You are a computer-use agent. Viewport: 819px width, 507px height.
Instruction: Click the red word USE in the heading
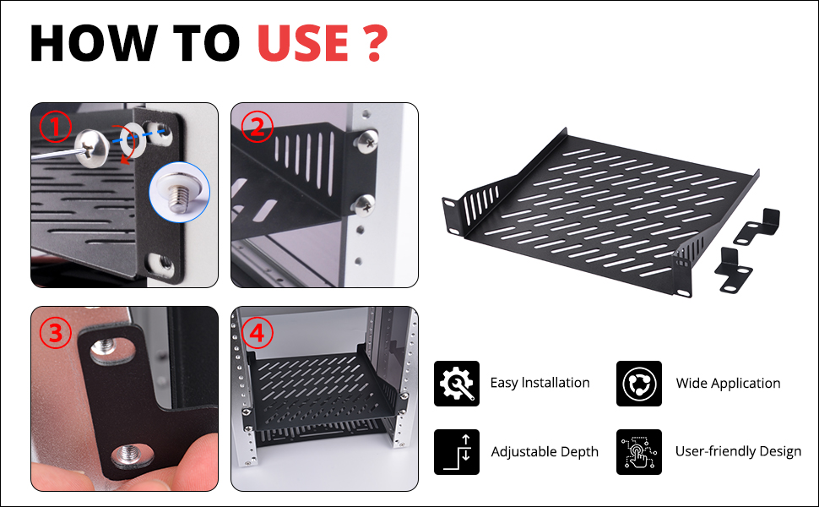303,43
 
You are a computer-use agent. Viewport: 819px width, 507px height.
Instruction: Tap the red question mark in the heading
374,43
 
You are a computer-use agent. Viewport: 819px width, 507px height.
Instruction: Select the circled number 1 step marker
56,127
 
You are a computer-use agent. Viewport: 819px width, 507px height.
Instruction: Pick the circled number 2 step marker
257,127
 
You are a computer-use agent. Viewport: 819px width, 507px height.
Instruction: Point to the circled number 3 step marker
56,333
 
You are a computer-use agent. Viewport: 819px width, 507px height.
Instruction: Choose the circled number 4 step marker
257,332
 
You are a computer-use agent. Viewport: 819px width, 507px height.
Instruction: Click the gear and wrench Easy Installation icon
457,383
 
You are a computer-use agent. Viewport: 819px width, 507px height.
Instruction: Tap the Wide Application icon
639,383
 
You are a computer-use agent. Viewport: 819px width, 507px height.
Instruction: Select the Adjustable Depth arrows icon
457,452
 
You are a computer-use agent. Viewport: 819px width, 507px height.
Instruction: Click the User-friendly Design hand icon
639,452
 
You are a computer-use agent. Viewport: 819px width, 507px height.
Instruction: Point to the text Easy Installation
540,383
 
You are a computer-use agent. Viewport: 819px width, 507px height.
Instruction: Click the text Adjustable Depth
545,452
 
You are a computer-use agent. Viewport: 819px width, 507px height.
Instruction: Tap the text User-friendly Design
738,451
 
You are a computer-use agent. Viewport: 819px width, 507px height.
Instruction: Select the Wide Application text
728,383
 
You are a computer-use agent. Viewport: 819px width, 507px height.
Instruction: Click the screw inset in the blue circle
179,192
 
